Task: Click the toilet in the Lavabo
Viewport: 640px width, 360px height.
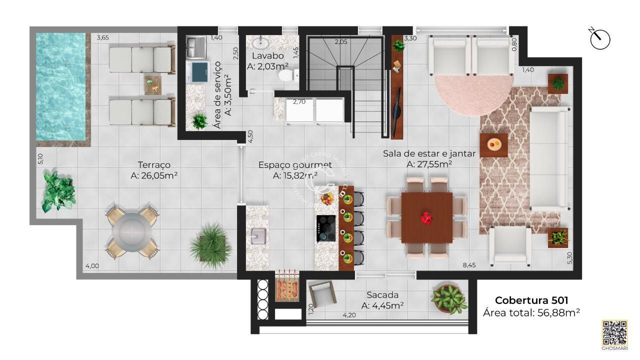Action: point(285,75)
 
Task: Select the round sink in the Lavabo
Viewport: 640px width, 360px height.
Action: point(260,42)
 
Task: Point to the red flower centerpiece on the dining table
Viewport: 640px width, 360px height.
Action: point(426,217)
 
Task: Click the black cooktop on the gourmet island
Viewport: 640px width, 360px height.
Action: point(325,229)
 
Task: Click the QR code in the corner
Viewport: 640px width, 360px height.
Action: point(614,332)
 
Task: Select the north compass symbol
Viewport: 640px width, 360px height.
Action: point(600,39)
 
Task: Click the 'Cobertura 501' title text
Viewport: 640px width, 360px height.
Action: point(531,300)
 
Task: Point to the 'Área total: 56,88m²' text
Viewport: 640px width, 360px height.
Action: point(531,313)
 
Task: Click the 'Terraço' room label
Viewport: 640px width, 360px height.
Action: point(154,164)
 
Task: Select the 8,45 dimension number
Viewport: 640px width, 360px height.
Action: point(468,265)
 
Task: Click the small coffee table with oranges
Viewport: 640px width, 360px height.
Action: point(494,145)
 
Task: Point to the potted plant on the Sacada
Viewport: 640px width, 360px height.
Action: point(449,298)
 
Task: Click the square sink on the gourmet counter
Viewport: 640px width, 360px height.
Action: point(257,235)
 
